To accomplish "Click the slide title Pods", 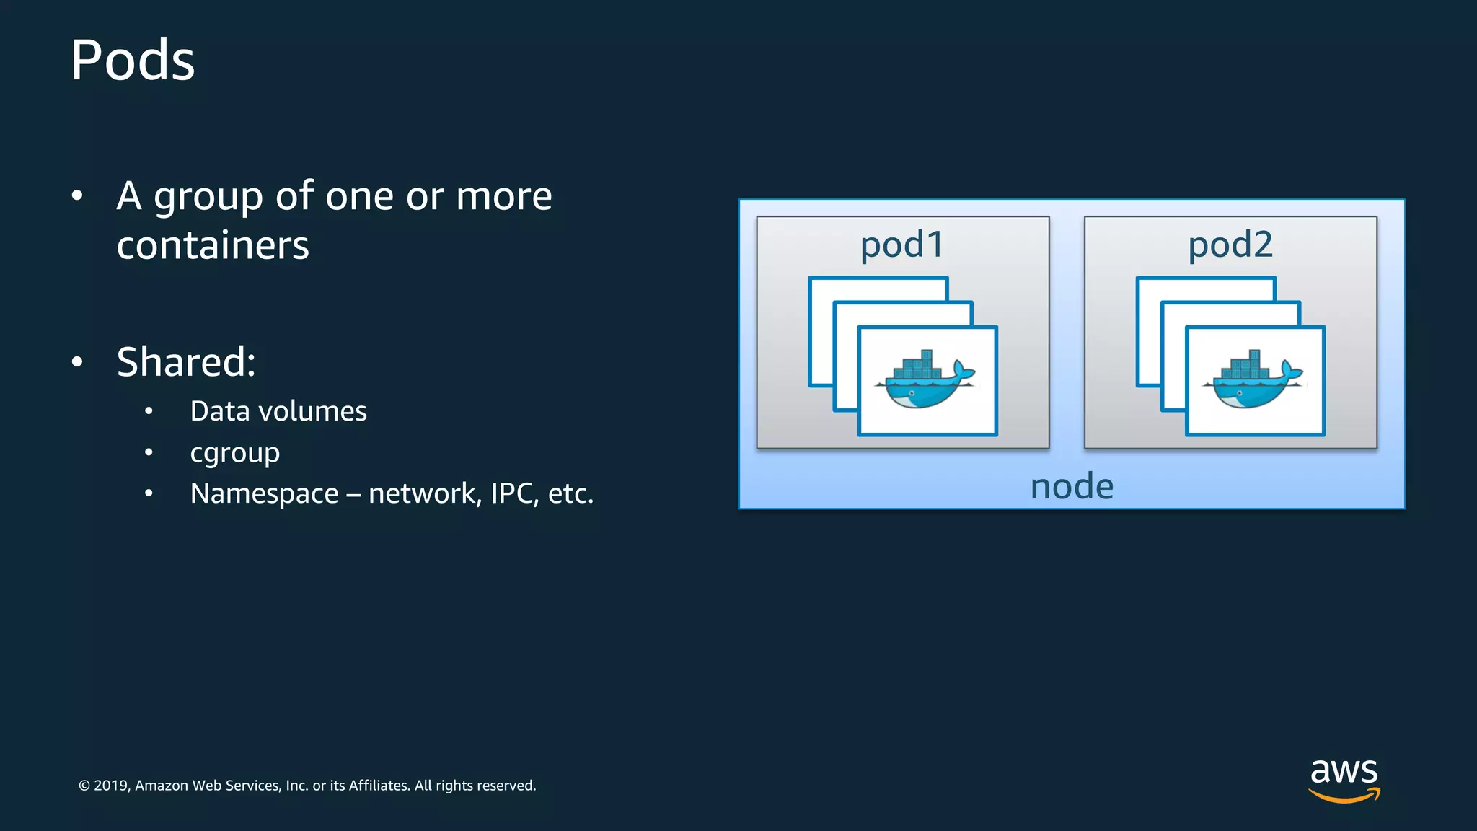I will pyautogui.click(x=133, y=61).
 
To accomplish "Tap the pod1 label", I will pyautogui.click(x=901, y=245).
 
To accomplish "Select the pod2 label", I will pyautogui.click(x=1230, y=245).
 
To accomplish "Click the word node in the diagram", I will pyautogui.click(x=1072, y=487).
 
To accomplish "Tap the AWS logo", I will pyautogui.click(x=1344, y=779).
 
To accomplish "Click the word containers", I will pyautogui.click(x=213, y=245).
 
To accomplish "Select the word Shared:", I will pyautogui.click(x=186, y=361).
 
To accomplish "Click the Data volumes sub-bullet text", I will pyautogui.click(x=278, y=411).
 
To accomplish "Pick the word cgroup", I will pyautogui.click(x=234, y=453).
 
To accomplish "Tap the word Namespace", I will pyautogui.click(x=264, y=493).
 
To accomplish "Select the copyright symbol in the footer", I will pyautogui.click(x=84, y=786).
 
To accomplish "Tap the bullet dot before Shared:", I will pyautogui.click(x=77, y=362).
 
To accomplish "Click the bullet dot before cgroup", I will pyautogui.click(x=149, y=453).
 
